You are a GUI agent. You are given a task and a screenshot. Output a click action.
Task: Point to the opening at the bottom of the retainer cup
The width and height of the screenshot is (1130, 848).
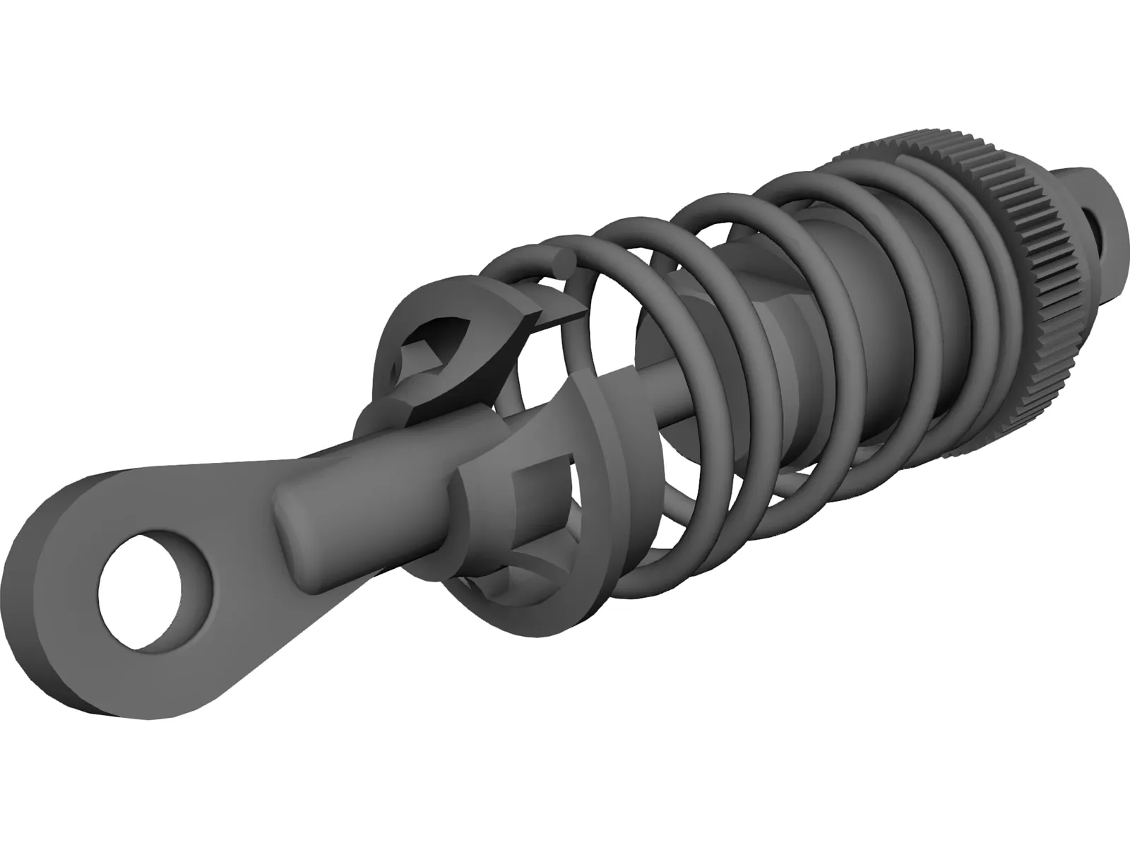point(494,579)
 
